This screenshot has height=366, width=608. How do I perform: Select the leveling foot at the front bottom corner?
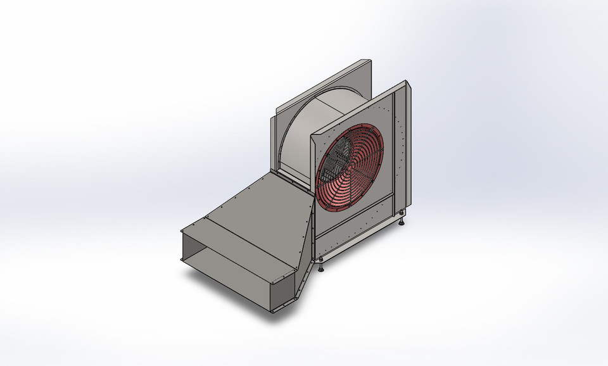[322, 268]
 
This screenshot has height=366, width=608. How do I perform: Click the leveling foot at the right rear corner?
[403, 219]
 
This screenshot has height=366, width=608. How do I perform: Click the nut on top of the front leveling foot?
[322, 262]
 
